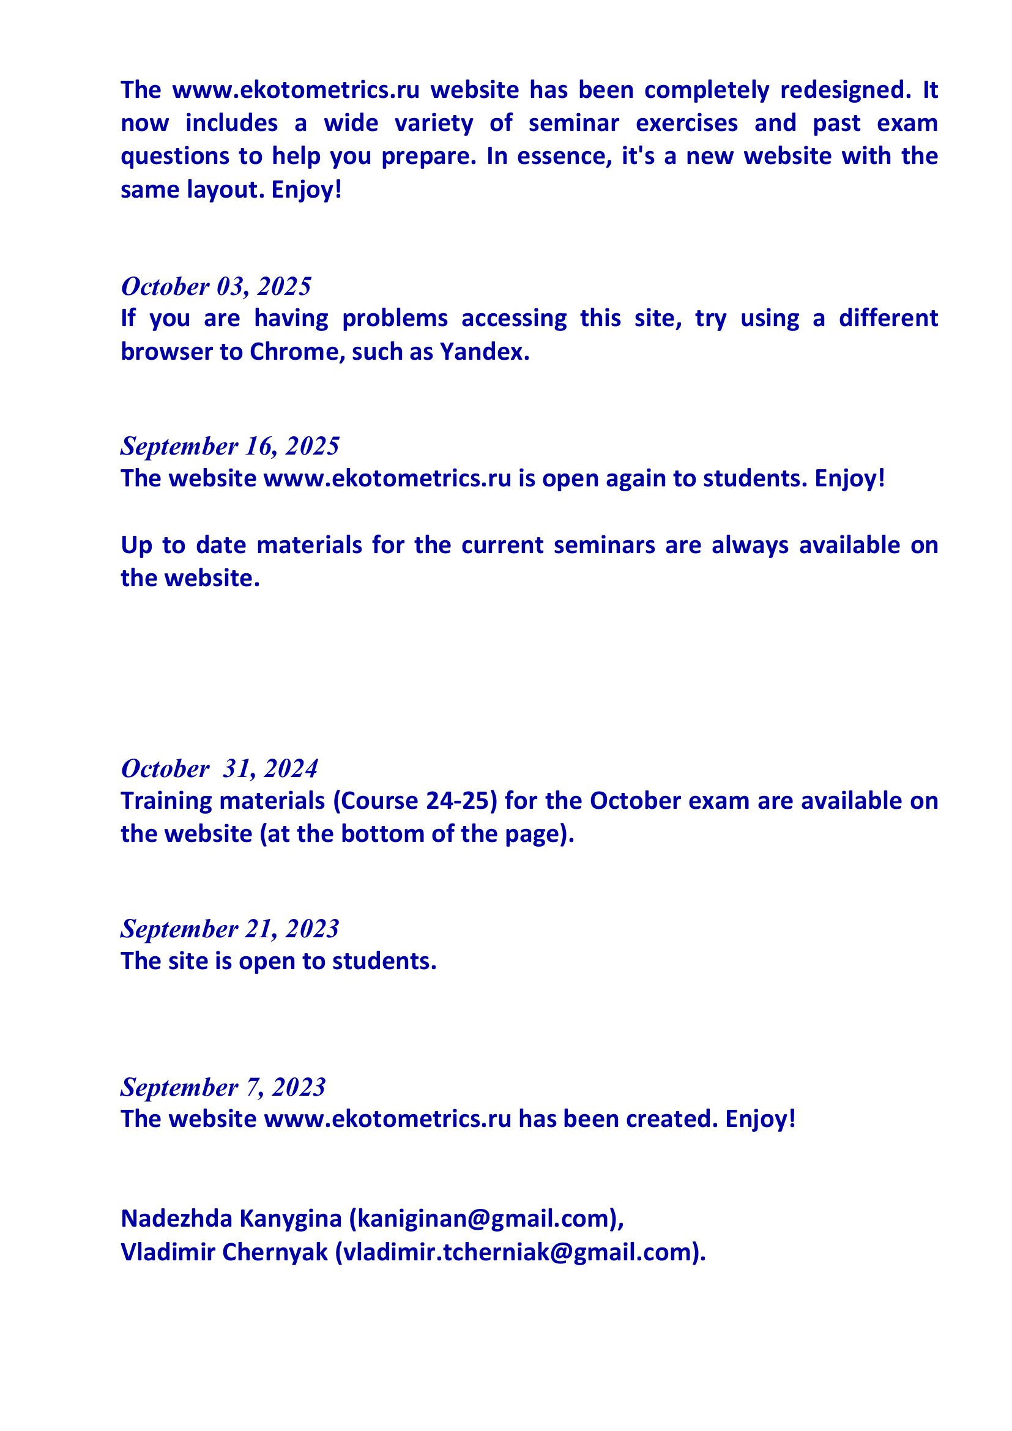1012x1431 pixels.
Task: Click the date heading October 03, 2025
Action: (x=215, y=287)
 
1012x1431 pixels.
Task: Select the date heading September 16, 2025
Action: (x=230, y=446)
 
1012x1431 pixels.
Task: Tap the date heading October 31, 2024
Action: (x=220, y=768)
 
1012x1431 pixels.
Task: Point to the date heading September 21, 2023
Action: (x=229, y=929)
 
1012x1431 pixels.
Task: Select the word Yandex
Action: (x=484, y=352)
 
